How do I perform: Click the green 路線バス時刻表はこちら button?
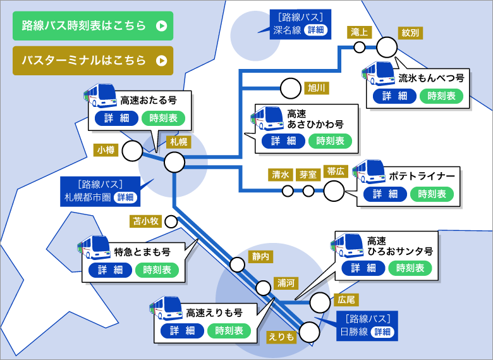[93, 26]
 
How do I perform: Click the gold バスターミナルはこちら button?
[93, 61]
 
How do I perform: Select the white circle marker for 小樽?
[132, 151]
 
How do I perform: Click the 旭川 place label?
[315, 87]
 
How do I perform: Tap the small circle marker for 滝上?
[359, 47]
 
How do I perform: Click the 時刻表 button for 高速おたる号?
[163, 118]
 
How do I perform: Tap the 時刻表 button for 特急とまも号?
[157, 270]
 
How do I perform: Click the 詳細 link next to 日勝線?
[382, 332]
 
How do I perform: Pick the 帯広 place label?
[335, 171]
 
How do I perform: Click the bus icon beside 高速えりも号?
[166, 309]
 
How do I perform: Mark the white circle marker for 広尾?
[320, 303]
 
